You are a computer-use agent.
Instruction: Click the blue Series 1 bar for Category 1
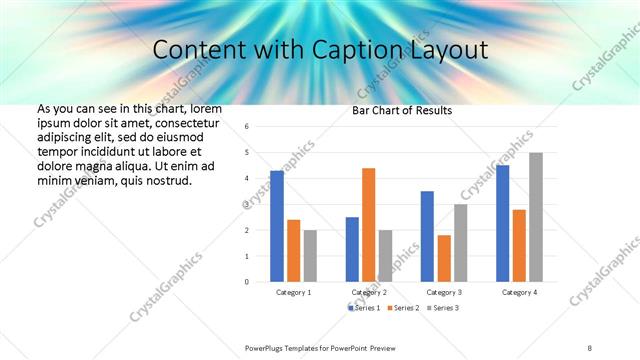click(277, 226)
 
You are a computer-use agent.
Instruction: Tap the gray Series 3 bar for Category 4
click(536, 217)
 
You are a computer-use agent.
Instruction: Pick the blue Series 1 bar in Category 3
click(427, 236)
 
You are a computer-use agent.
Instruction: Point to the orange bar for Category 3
click(444, 258)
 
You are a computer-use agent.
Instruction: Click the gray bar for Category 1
click(310, 256)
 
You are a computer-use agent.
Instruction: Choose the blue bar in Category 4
click(503, 223)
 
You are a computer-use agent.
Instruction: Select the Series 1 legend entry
click(364, 307)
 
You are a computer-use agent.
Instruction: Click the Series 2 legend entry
click(403, 307)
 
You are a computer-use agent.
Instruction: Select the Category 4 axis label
click(519, 292)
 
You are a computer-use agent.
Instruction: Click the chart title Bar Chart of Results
click(403, 110)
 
